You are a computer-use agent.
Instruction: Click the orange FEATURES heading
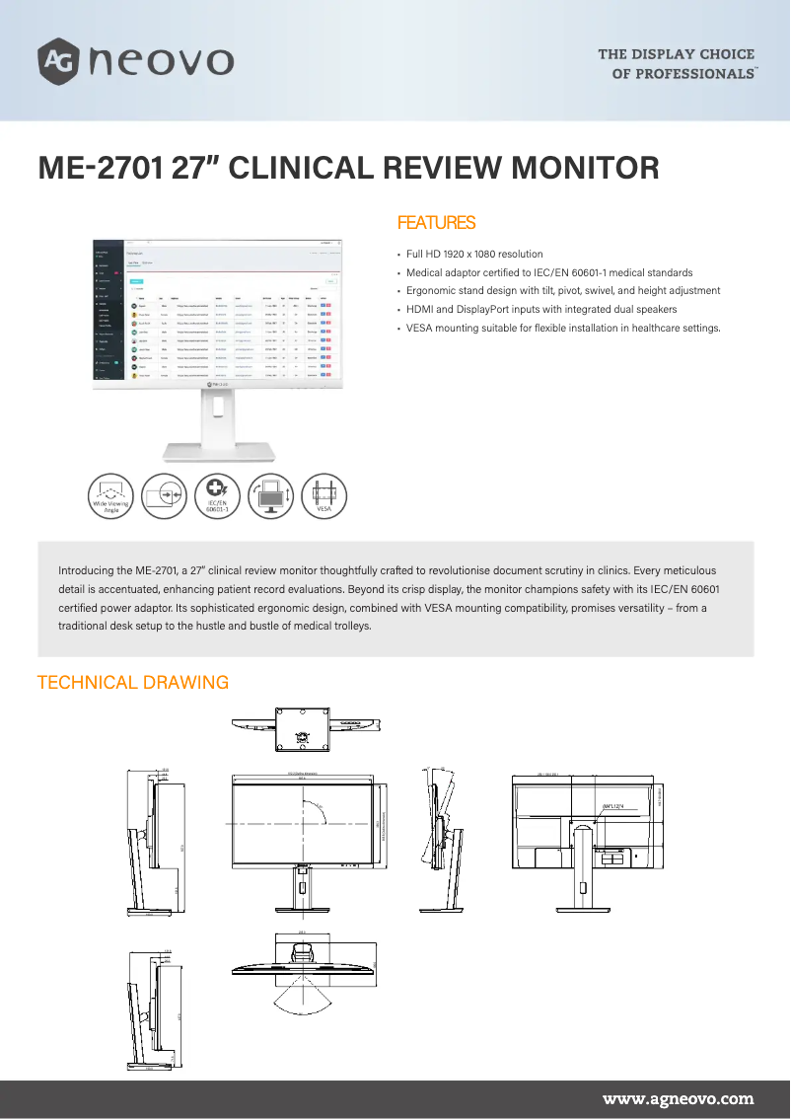[436, 223]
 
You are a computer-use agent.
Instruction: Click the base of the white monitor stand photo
[218, 452]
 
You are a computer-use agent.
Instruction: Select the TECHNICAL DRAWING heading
[133, 683]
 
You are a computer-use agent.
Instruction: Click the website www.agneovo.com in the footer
[679, 1098]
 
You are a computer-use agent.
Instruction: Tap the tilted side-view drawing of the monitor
[440, 839]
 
